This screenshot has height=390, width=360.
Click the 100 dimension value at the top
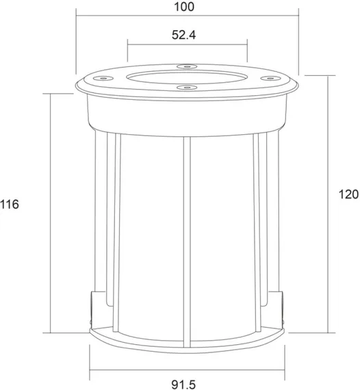pos(184,7)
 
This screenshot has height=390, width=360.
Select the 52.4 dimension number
pos(184,35)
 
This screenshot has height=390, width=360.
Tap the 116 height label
pos(10,205)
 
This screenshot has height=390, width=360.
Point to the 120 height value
pos(349,194)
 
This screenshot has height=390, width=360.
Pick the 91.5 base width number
pos(184,385)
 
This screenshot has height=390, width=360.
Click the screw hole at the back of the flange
pos(187,66)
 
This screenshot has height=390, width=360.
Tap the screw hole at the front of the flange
pos(187,88)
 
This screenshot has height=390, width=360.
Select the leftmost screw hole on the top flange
pos(103,79)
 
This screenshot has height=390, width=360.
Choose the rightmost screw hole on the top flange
pos(270,79)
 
